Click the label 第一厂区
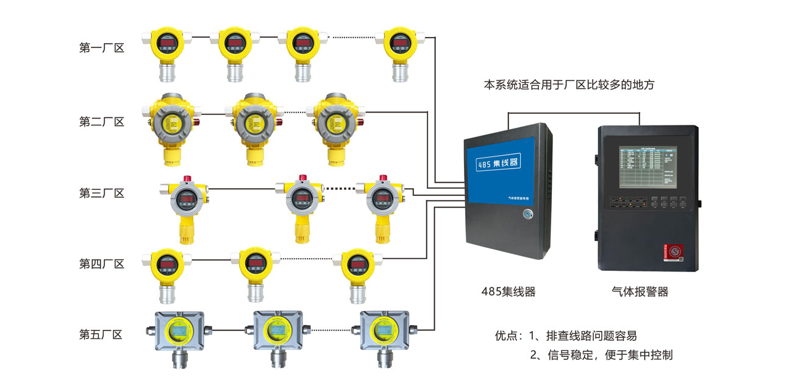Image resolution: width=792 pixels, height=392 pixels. pos(102,48)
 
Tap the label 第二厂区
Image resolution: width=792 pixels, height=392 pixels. pos(102,122)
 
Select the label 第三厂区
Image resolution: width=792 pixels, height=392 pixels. pos(102,194)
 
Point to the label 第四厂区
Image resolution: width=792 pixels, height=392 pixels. pos(102,264)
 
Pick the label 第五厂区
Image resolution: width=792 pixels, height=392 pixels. pos(102,335)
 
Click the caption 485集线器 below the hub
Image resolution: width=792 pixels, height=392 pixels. pos(508,292)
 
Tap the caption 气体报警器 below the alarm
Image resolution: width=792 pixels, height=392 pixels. pos(640,292)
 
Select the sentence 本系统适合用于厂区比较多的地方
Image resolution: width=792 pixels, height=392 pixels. pos(568,85)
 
